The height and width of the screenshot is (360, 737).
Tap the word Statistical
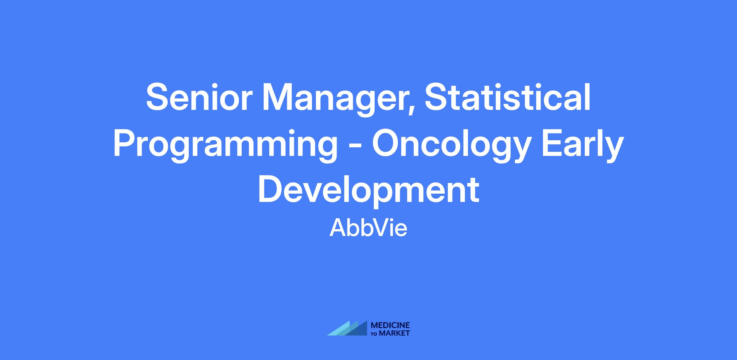click(507, 97)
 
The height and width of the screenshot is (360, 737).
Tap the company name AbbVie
click(368, 228)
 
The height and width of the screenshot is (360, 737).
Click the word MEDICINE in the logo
click(390, 325)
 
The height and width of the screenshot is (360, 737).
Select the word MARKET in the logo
click(395, 333)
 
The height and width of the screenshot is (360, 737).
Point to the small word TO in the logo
click(375, 334)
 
